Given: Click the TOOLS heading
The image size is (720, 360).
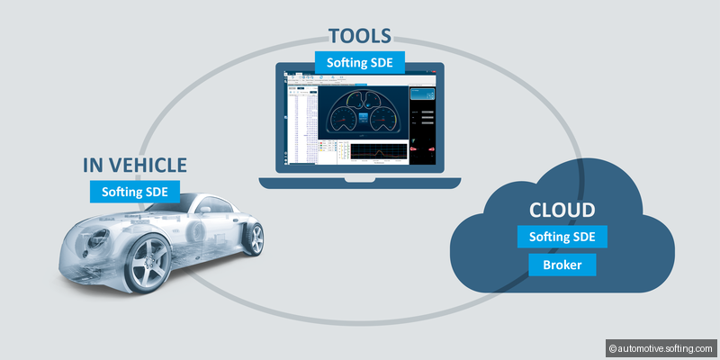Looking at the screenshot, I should [359, 36].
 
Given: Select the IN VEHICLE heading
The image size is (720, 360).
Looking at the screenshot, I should [134, 165].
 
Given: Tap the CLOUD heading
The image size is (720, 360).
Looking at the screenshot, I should [562, 211].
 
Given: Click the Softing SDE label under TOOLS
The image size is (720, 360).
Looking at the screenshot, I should [359, 63].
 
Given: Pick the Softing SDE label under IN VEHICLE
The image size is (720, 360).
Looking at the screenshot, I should [134, 191].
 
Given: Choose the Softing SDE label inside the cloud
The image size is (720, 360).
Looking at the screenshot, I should [562, 238].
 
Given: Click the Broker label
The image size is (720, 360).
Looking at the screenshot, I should [562, 265].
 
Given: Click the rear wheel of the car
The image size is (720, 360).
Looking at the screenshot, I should [254, 238].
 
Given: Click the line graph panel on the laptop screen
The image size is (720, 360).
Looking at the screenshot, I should [377, 154].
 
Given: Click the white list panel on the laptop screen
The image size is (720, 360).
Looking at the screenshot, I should [301, 126].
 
